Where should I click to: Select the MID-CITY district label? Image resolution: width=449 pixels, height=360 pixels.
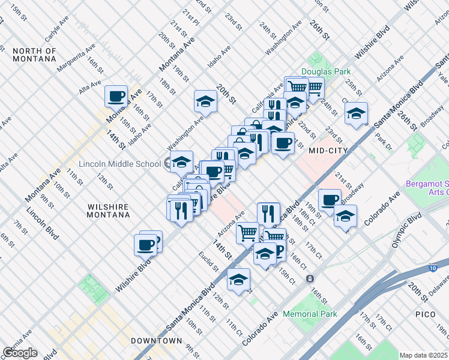pos(328,151)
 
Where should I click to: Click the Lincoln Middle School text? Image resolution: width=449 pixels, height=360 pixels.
pos(119,164)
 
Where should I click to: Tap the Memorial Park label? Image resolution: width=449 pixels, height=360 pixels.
pos(310,314)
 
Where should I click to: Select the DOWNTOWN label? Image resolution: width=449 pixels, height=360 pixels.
pos(156,341)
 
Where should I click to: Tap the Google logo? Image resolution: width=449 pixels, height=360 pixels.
pos(20,352)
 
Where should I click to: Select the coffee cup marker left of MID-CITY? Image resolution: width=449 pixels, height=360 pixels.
pos(283,143)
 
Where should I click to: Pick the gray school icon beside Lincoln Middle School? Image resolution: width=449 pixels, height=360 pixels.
pos(167,164)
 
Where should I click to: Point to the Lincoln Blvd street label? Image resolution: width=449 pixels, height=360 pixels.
pos(42,223)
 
